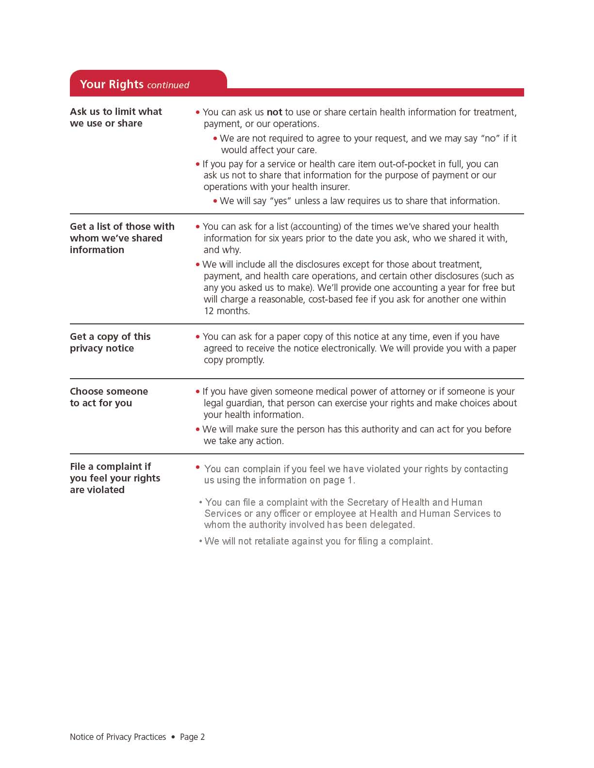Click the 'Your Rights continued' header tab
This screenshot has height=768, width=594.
tap(134, 84)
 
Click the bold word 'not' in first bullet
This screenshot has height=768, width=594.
tap(274, 112)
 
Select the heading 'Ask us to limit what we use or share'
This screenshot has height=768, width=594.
tap(115, 117)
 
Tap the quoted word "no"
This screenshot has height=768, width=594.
tap(490, 138)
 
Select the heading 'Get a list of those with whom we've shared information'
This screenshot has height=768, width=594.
tap(122, 238)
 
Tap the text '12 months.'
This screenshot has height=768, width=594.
tap(227, 311)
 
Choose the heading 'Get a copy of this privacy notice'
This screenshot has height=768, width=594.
tap(110, 342)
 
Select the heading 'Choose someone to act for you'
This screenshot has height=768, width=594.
tap(109, 397)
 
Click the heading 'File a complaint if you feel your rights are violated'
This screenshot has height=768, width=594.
tap(115, 478)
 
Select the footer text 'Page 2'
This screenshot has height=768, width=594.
tap(192, 737)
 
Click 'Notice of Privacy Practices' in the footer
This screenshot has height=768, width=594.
tap(118, 737)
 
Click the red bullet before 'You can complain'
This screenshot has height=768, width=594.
tap(198, 467)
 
